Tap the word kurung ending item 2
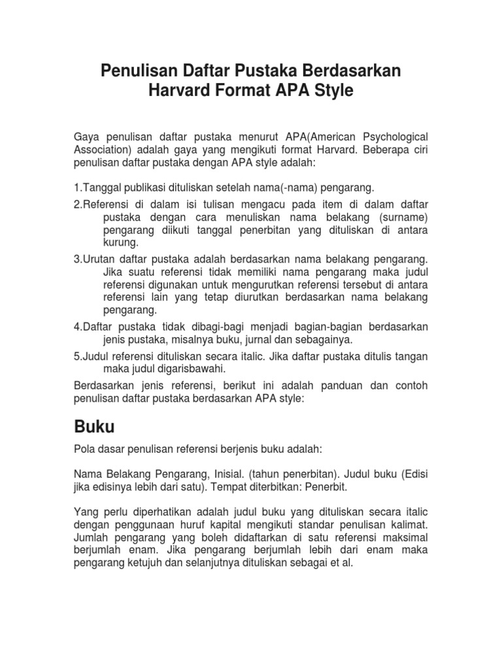119,242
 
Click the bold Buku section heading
93,427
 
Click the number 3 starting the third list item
76,259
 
